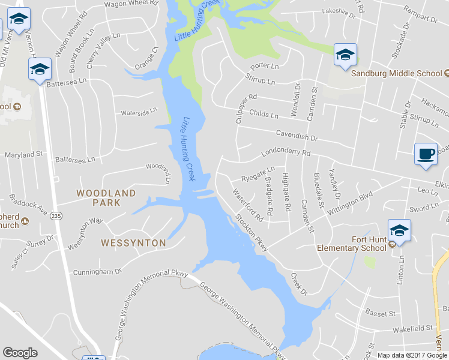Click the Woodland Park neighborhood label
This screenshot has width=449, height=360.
coord(106,198)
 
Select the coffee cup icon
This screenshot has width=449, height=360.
coord(426,154)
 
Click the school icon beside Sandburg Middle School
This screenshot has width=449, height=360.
coord(345,55)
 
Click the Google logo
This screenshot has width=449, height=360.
coord(20,353)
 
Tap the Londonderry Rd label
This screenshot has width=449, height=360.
coord(285,155)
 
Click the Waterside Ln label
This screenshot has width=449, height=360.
coord(139,112)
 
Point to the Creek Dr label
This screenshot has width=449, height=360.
coord(298,284)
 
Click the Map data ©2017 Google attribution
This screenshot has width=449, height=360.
coord(412,355)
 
